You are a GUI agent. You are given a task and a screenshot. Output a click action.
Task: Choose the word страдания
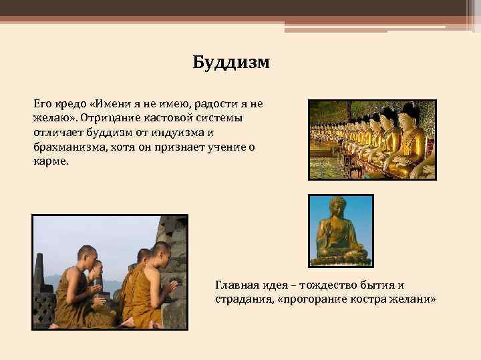[x=239, y=299]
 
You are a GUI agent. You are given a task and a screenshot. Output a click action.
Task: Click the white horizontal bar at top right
[x=365, y=27]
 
